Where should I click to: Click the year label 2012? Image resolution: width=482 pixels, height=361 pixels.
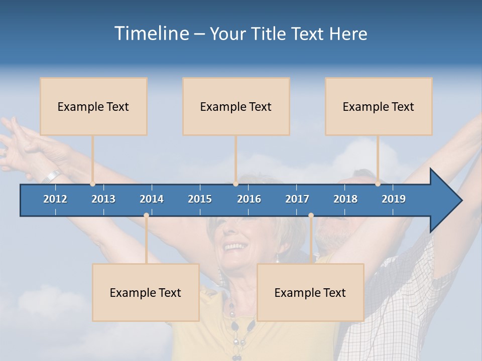coord(55,199)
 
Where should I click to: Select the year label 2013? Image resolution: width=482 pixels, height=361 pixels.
coord(103,199)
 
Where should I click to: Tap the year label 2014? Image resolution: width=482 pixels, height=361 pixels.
coord(152,199)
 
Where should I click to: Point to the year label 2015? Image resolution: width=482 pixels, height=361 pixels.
coord(200,199)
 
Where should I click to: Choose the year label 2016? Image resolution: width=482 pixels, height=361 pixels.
coord(249,199)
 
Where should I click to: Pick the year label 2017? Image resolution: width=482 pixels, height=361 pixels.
coord(297,199)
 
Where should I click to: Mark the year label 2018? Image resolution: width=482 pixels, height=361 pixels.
coord(345,199)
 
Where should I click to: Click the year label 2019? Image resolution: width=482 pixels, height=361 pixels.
coord(394,199)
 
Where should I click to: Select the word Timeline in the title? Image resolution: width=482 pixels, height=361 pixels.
coord(151,34)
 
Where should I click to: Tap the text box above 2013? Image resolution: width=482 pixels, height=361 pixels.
coord(93,106)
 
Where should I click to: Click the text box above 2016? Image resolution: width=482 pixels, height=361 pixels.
coord(236,106)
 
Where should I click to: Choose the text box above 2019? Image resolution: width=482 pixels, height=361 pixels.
coord(379,106)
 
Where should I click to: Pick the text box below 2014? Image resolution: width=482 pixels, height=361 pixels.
coord(146,292)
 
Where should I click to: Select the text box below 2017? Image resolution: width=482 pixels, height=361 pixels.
coord(310,292)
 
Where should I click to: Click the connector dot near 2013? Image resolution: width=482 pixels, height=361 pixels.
coord(92,184)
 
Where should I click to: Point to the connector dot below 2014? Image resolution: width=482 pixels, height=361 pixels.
coord(146,216)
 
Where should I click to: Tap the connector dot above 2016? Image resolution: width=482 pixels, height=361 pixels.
coord(235,184)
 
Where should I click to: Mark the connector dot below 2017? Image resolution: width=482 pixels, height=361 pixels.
coord(311,216)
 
